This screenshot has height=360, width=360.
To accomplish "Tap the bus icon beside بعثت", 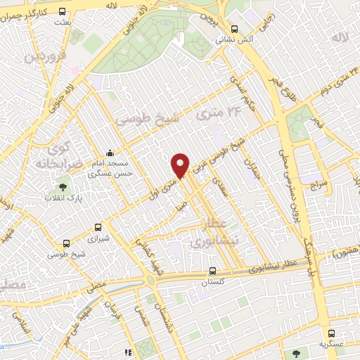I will click(x=63, y=11).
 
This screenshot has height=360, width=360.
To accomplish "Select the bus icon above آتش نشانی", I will click(x=234, y=29).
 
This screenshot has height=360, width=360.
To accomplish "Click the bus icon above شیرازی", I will click(x=98, y=228).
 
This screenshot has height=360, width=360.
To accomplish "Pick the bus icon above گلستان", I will click(x=212, y=271).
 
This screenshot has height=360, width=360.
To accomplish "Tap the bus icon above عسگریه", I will click(x=330, y=333).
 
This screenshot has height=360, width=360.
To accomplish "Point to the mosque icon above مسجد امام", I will click(x=109, y=153).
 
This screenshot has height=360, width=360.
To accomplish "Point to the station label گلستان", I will click(x=212, y=282).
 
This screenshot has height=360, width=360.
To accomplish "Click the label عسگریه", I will click(x=330, y=345).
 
